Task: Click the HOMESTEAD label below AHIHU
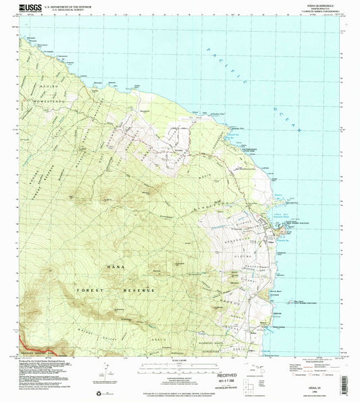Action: point(43,76)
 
